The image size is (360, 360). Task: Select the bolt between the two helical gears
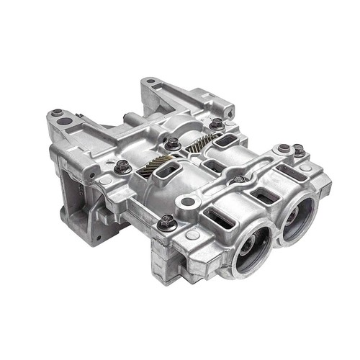[173, 143]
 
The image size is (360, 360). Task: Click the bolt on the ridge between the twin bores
[240, 179]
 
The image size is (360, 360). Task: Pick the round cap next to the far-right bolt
[283, 150]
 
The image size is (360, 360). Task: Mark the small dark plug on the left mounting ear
[57, 112]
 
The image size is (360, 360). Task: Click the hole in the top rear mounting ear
[148, 83]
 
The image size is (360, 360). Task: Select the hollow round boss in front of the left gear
[189, 203]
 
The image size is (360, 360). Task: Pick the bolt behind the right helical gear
[216, 123]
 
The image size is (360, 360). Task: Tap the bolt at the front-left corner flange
[167, 222]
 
